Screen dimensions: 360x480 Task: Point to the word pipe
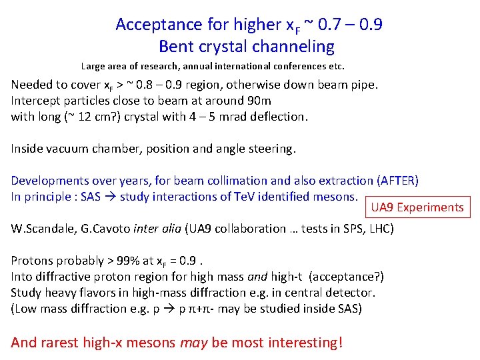coord(364,85)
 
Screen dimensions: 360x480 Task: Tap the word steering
coord(271,149)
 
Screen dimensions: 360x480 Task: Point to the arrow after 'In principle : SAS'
coord(115,197)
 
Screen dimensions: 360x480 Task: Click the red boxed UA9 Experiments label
coord(417,207)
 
